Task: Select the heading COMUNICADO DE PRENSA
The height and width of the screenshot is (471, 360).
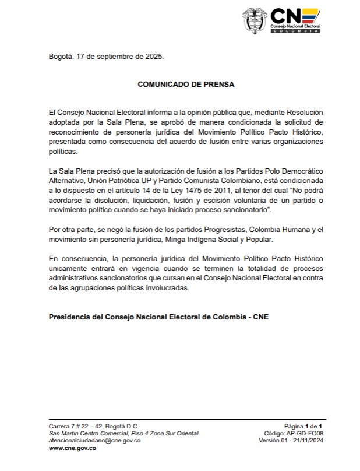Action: point(186,84)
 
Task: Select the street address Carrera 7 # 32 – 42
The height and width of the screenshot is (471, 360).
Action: point(94,427)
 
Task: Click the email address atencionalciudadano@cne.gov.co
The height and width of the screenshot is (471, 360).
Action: point(94,441)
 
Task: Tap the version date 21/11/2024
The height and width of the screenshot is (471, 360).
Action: point(305,441)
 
